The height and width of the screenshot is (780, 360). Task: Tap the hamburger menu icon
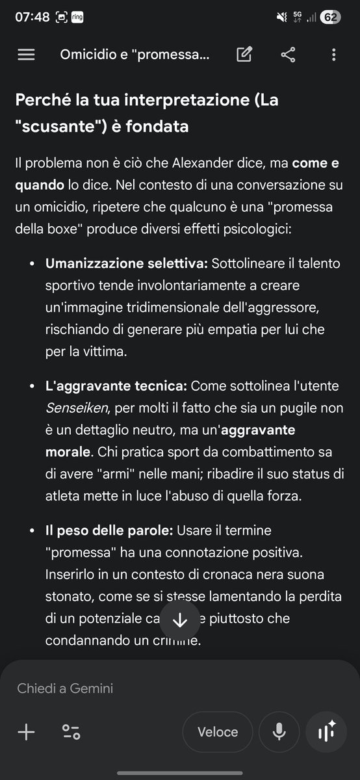26,55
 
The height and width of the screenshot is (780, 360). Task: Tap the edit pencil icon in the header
244,55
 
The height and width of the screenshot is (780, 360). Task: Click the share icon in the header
288,55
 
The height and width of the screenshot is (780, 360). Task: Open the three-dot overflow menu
333,55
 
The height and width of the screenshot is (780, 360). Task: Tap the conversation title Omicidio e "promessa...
135,55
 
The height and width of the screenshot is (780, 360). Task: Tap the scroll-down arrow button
180,619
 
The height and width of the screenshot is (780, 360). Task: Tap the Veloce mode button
218,732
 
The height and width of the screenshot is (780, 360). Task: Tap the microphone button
279,732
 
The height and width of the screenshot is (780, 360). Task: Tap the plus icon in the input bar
26,733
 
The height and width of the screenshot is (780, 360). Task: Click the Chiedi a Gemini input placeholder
65,688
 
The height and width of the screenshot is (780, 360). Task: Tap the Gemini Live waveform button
326,732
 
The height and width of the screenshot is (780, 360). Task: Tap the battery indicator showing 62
330,18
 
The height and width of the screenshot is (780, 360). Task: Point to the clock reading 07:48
32,18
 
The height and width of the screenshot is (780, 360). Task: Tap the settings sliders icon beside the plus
71,733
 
